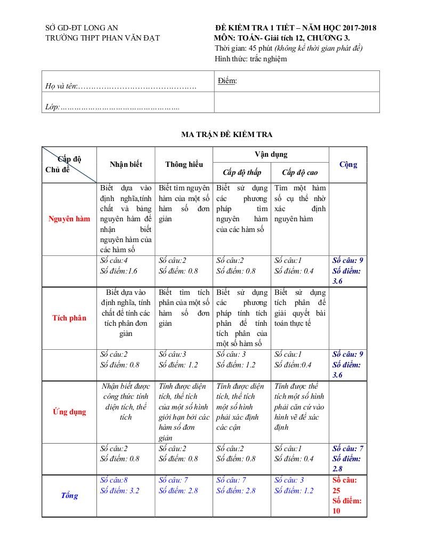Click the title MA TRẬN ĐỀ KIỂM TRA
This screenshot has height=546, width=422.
tap(226, 134)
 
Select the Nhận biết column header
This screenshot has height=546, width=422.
tap(126, 165)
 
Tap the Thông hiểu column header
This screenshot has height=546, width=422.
tap(184, 165)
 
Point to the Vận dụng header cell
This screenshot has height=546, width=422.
tap(271, 155)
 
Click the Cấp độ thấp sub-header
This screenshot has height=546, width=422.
tap(242, 172)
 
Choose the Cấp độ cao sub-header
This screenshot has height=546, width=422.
tap(299, 172)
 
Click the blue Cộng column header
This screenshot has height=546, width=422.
tap(348, 165)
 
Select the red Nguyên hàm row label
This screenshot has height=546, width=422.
tap(69, 219)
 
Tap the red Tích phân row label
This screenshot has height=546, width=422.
tap(69, 318)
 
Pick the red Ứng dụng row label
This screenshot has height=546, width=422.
tap(69, 412)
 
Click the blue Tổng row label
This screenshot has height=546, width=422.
tap(69, 496)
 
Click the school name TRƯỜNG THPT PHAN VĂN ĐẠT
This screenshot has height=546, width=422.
tap(102, 38)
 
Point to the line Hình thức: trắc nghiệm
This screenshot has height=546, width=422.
tap(250, 59)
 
